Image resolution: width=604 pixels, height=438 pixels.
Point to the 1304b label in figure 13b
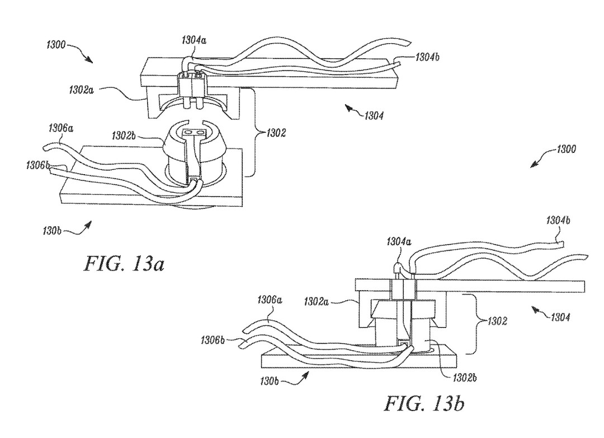click(x=558, y=220)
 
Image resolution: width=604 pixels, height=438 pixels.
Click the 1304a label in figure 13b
click(x=398, y=242)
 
